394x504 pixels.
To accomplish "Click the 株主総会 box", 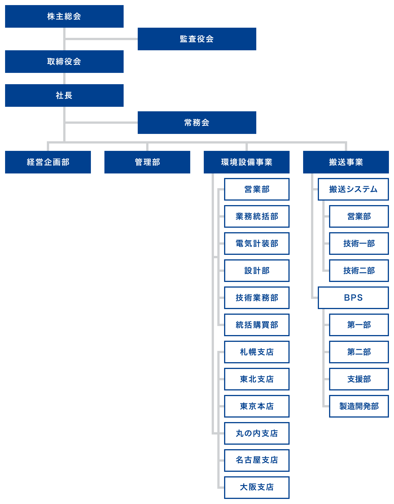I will [64, 16].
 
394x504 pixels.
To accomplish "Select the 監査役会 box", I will [197, 39].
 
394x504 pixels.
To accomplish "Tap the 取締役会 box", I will [64, 62].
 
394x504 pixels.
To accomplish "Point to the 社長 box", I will [64, 95].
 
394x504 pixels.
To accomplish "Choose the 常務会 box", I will [197, 123].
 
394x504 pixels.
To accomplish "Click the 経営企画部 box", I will [48, 162].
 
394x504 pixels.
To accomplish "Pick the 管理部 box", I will [147, 162].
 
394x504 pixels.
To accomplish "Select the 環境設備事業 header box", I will [246, 162].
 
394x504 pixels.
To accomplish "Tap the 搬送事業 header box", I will [346, 162].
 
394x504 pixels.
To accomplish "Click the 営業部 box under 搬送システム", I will [359, 216].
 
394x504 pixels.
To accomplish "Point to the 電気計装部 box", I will [257, 244].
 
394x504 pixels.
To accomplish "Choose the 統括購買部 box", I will [257, 325].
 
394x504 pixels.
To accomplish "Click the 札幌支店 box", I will [257, 352].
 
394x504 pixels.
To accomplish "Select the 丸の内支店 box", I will [257, 433].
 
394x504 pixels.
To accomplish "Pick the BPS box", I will [353, 298].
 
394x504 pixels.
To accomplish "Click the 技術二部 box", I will [359, 271].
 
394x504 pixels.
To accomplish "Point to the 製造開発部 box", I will [359, 406].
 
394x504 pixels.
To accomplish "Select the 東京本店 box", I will [257, 406].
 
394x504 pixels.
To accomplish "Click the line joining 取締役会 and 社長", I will [64, 79].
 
